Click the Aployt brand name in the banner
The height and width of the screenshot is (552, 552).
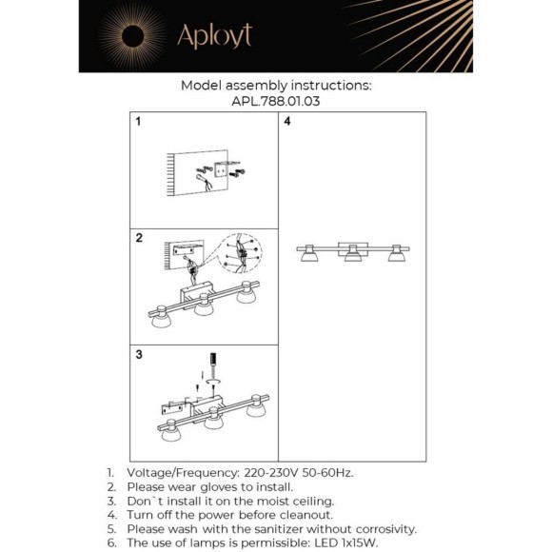click(215, 36)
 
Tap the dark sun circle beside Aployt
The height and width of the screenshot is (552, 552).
click(132, 36)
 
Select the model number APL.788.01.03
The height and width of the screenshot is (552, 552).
click(276, 102)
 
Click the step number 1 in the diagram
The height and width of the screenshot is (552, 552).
click(138, 121)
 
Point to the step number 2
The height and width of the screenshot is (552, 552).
click(139, 238)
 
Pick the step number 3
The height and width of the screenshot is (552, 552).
click(139, 354)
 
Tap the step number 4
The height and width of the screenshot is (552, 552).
click(287, 121)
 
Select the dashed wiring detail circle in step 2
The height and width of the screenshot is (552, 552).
click(242, 253)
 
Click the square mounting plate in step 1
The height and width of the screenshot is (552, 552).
click(221, 171)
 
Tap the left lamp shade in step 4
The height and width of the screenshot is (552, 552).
click(309, 256)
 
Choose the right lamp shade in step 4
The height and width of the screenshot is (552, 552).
click(397, 256)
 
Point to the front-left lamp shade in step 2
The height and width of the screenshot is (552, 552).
click(161, 321)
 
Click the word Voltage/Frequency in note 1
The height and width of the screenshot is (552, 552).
click(183, 473)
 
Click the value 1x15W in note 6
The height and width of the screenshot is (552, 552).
click(359, 542)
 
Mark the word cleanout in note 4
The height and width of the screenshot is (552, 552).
click(306, 515)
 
